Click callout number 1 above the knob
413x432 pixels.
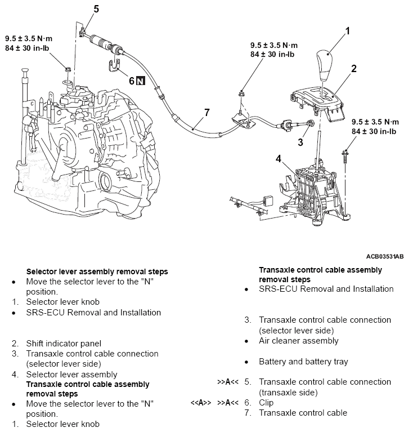tap(348, 32)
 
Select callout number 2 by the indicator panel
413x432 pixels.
tap(354, 69)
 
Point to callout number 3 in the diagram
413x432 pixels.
tap(300, 142)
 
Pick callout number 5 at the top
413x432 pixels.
tap(96, 8)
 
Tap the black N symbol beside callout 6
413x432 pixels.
tap(141, 81)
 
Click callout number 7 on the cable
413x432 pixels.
tap(206, 112)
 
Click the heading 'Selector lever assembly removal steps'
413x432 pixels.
tap(97, 271)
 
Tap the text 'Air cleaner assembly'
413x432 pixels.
tap(299, 341)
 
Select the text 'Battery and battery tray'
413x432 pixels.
tap(303, 362)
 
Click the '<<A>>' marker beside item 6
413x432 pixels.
tap(201, 403)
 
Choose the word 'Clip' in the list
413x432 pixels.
tap(266, 403)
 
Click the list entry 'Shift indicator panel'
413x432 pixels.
tap(63, 343)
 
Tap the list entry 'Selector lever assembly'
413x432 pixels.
tap(71, 374)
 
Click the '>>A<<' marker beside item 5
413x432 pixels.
tap(228, 382)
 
